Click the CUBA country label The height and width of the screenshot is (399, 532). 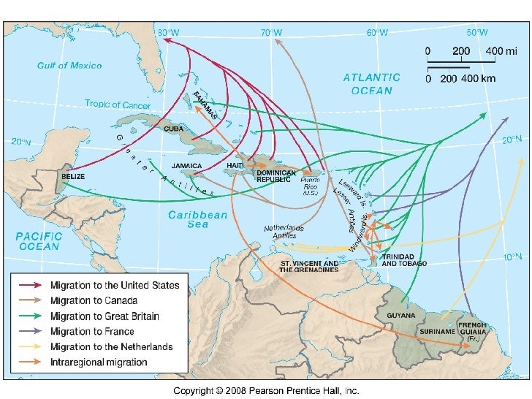click(174, 129)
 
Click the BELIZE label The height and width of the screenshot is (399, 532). click(74, 177)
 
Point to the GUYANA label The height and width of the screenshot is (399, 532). click(401, 316)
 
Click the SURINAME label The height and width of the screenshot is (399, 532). click(437, 331)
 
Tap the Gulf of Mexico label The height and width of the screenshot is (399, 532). click(70, 66)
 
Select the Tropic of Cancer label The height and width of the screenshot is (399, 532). click(118, 104)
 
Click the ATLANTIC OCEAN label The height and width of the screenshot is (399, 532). click(372, 84)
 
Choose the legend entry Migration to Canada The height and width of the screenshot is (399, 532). click(94, 301)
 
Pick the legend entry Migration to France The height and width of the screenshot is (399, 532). click(93, 332)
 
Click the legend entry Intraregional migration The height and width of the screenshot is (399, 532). click(99, 362)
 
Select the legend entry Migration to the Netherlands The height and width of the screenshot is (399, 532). click(111, 347)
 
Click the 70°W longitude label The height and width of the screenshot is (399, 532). click(271, 33)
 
